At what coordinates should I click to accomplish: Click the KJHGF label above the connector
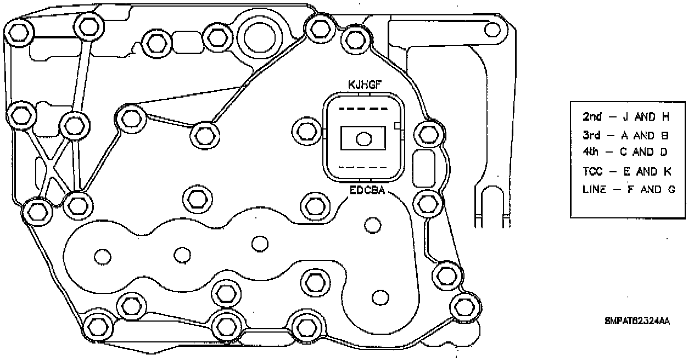tap(365, 85)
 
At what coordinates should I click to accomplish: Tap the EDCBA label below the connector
tap(367, 191)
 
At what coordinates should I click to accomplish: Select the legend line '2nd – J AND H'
tap(625, 116)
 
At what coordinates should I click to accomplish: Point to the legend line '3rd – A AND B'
tap(625, 136)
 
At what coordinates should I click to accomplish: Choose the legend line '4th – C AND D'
tap(625, 152)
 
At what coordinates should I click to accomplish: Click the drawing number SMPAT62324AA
tap(637, 321)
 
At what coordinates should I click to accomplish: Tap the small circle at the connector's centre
tap(362, 139)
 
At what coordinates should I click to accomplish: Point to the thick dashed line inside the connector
tap(362, 109)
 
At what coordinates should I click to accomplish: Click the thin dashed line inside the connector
tap(362, 167)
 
